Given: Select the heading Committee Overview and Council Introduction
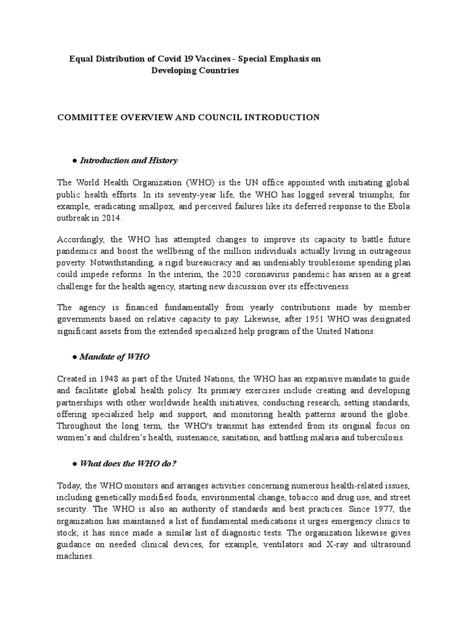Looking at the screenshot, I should pos(188,117).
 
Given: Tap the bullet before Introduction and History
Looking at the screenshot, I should pos(74,161).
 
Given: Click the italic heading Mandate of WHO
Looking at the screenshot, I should pos(115,356).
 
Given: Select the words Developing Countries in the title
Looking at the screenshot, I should pos(195,70).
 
